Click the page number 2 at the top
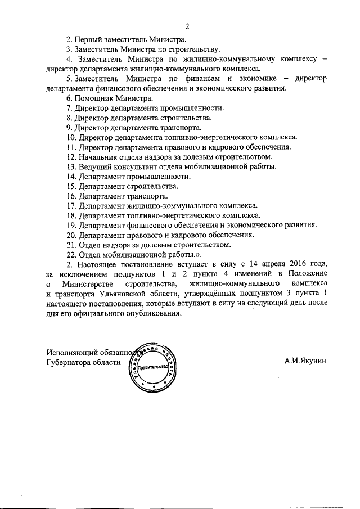(x=186, y=26)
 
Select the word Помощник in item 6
(x=96, y=98)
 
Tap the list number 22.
(x=71, y=254)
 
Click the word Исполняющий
(x=73, y=353)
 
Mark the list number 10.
(x=71, y=137)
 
